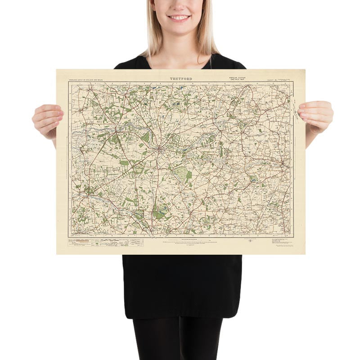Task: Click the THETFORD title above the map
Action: point(181,79)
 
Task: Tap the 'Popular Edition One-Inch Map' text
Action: point(236,78)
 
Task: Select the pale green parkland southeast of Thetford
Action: point(182,172)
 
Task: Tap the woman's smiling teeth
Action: point(179,18)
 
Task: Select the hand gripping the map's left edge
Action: point(47,119)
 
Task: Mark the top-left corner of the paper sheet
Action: point(57,70)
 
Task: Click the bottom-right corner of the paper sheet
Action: point(305,254)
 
